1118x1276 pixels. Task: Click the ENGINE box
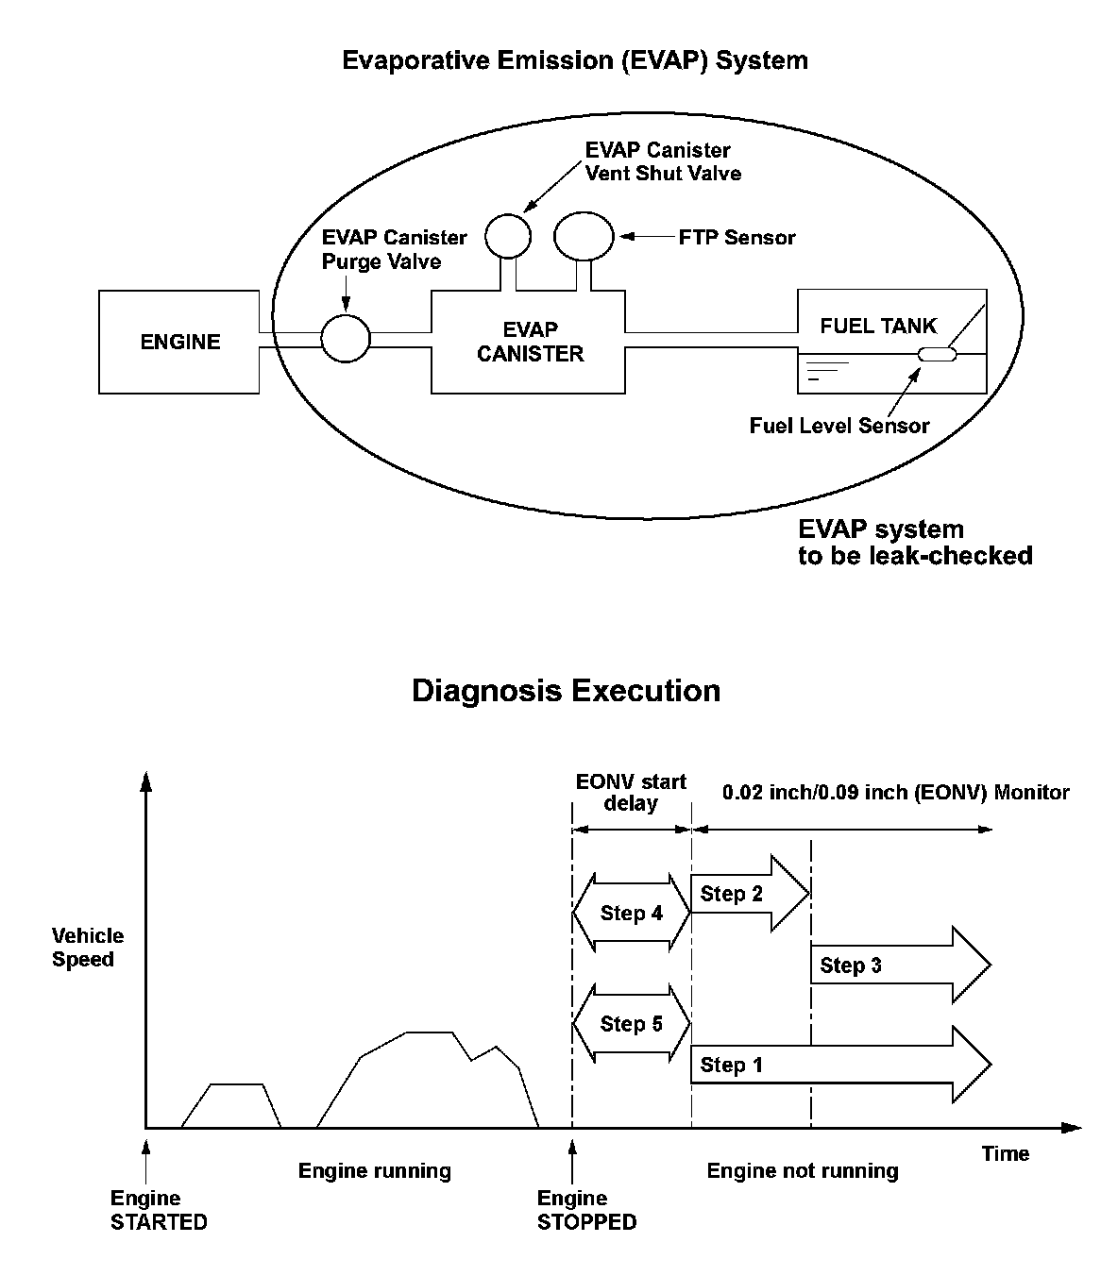(x=179, y=342)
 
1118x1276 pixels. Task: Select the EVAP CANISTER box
(x=529, y=342)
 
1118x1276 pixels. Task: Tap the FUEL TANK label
(x=878, y=327)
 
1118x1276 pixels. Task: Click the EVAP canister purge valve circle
(x=345, y=338)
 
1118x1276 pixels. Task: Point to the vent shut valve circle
(x=507, y=235)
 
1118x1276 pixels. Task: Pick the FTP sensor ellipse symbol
(x=584, y=235)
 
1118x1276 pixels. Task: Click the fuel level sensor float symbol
(x=938, y=355)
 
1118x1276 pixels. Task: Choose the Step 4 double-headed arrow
(x=632, y=914)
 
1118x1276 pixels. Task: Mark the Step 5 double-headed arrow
(x=632, y=1024)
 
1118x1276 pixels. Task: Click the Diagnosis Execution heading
(x=566, y=691)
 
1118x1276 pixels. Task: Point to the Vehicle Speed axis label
(x=88, y=948)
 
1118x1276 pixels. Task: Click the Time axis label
(x=1005, y=1153)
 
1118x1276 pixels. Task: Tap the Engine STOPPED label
(x=586, y=1211)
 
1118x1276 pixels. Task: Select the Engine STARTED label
(x=159, y=1211)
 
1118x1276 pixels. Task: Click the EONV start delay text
(x=631, y=793)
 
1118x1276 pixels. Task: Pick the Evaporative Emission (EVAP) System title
(x=574, y=61)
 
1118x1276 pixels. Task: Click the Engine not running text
(x=803, y=1171)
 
